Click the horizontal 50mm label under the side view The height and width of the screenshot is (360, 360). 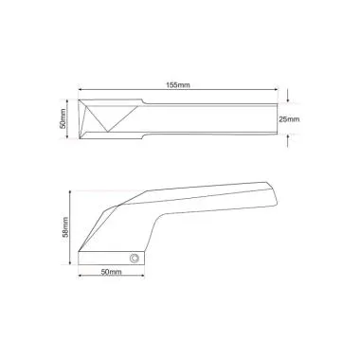pyautogui.click(x=109, y=272)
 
